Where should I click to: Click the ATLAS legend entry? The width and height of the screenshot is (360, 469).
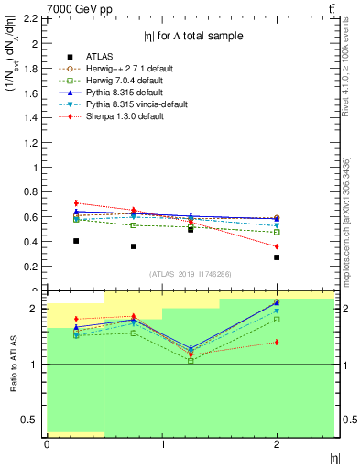point(100,54)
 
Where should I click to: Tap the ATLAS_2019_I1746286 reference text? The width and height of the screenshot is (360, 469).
point(191,274)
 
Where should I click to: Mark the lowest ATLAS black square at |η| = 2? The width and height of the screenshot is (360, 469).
point(277,257)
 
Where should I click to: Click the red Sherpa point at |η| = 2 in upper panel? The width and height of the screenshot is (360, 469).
point(277,246)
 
